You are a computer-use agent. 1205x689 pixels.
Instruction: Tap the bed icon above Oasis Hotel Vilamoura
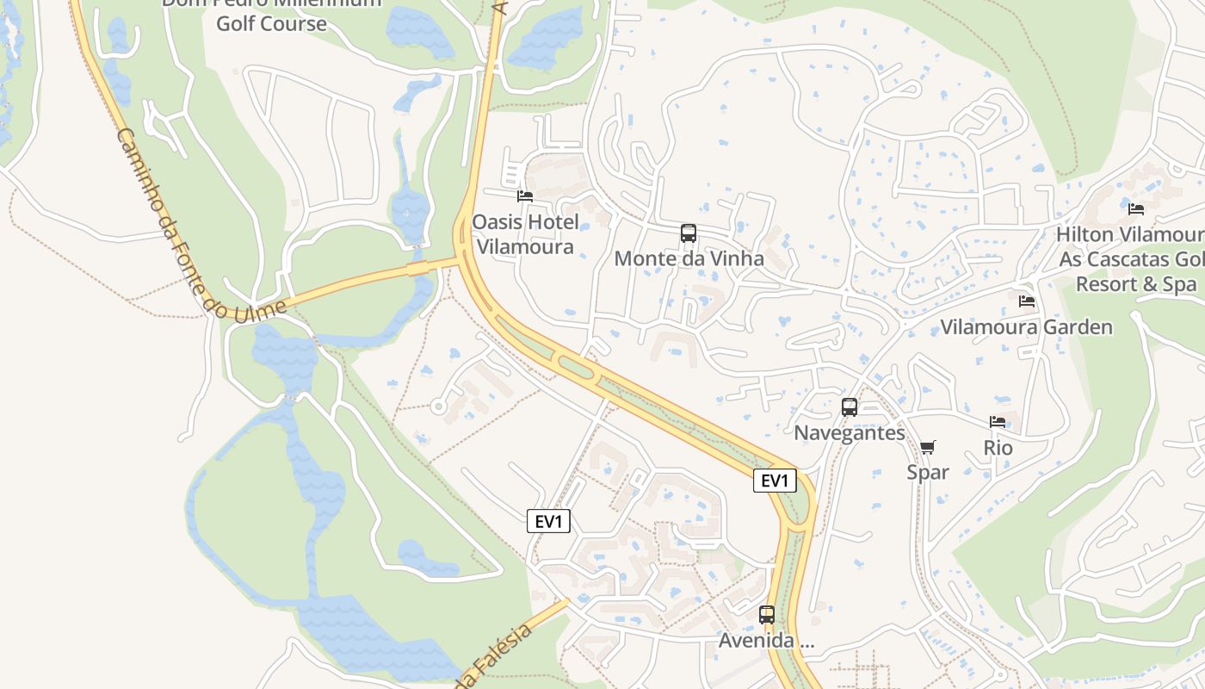point(525,196)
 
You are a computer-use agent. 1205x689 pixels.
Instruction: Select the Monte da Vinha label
point(689,258)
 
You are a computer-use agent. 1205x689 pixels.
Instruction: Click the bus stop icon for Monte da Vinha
point(689,233)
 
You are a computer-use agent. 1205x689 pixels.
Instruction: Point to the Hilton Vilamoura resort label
point(1130,258)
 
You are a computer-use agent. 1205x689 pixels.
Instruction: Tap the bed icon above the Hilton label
point(1136,208)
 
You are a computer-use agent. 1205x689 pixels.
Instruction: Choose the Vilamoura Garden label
point(1026,327)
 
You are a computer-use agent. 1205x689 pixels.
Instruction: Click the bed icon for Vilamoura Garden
point(1027,301)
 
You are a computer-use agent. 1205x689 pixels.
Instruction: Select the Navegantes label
point(850,432)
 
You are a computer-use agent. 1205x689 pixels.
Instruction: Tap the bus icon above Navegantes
point(850,407)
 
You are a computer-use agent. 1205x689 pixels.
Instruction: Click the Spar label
point(928,472)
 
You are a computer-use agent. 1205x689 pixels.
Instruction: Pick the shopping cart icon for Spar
point(927,447)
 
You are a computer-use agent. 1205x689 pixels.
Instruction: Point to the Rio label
point(998,448)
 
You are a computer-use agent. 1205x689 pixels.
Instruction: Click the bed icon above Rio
point(998,422)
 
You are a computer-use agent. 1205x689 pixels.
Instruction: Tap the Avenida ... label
point(767,642)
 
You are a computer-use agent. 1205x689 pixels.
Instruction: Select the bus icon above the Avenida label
point(767,615)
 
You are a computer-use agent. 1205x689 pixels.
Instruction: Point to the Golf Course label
point(271,23)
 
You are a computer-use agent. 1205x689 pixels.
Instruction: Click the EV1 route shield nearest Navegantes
point(775,481)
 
